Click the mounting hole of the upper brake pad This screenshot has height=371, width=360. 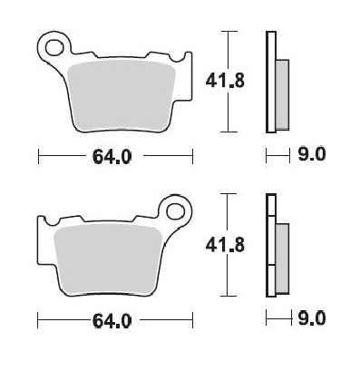pyautogui.click(x=54, y=44)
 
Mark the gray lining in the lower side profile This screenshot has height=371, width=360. pyautogui.click(x=281, y=259)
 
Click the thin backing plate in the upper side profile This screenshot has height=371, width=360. pyautogui.click(x=270, y=82)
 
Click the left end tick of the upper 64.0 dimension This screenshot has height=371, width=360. pyautogui.click(x=38, y=156)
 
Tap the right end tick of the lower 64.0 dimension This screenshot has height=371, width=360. pyautogui.click(x=192, y=320)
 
